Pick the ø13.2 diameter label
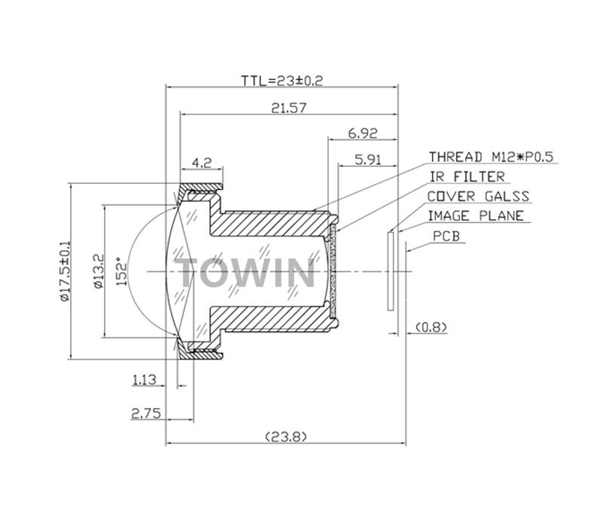98,271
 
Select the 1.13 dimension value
144,381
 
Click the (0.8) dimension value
431,327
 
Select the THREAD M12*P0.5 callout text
491,157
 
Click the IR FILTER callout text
467,177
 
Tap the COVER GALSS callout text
479,197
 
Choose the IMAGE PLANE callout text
475,216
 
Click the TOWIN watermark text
246,271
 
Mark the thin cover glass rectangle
389,271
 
